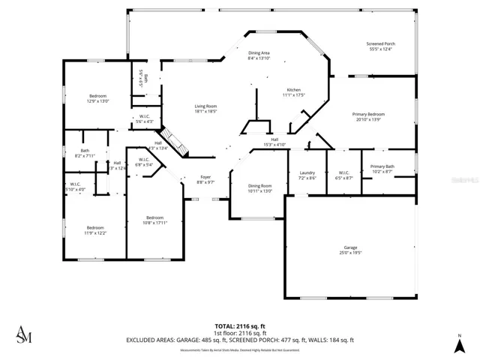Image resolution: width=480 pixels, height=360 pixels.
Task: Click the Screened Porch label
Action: click(381, 44)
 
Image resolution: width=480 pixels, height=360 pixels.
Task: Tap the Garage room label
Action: click(350, 247)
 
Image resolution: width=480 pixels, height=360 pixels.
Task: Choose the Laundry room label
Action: click(307, 172)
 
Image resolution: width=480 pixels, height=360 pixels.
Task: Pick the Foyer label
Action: click(205, 178)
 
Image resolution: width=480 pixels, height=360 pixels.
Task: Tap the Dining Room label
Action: click(260, 186)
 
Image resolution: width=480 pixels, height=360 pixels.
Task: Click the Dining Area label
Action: click(259, 52)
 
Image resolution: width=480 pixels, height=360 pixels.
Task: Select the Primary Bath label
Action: click(381, 167)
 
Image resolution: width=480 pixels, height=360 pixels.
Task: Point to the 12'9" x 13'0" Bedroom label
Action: click(98, 96)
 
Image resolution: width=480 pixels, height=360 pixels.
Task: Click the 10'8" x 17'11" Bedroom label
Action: click(154, 217)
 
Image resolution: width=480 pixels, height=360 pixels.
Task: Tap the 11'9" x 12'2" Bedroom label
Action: click(94, 228)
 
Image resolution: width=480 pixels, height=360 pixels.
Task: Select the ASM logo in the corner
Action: click(24, 334)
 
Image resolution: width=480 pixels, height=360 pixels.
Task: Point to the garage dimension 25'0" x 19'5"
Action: click(350, 253)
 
